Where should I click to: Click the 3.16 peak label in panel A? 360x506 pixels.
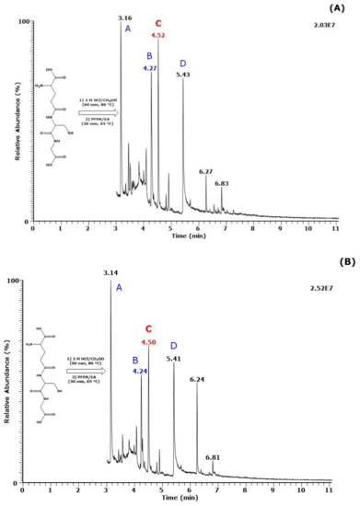pos(125,17)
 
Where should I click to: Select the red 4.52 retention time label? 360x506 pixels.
pos(158,36)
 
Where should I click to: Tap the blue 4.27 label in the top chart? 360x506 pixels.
pos(150,68)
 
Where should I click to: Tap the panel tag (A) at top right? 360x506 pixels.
pos(342,7)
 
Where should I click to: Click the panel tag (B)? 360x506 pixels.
pos(342,261)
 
